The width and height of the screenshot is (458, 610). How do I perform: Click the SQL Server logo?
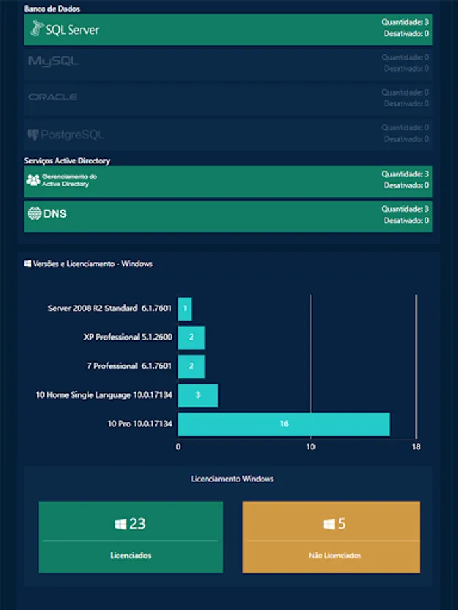tap(64, 29)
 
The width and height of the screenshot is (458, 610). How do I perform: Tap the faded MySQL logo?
tap(54, 62)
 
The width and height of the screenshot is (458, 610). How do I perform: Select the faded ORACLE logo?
tap(53, 98)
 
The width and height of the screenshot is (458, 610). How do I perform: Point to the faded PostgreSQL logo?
tap(66, 135)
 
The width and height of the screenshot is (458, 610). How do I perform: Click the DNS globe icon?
tap(34, 213)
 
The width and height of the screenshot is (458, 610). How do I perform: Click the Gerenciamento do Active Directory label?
tap(69, 180)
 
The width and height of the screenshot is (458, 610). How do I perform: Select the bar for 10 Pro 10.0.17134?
tap(284, 424)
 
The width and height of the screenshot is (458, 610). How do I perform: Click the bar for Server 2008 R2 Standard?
tap(185, 308)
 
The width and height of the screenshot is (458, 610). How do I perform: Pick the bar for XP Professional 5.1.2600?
tap(191, 337)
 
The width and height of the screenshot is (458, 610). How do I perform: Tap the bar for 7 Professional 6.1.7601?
tap(191, 366)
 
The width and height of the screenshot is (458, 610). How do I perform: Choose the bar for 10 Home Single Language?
tap(198, 395)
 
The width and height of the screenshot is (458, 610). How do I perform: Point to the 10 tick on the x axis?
tap(311, 447)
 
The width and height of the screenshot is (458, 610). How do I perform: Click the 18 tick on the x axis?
tap(416, 447)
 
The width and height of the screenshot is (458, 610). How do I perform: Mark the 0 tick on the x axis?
tap(178, 447)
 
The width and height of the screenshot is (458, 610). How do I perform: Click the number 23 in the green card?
tap(137, 524)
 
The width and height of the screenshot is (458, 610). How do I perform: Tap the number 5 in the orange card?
tap(341, 524)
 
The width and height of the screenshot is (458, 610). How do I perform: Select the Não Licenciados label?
tap(332, 556)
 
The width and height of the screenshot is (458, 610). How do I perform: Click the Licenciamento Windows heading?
tap(233, 479)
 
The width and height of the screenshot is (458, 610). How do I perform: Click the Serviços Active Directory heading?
tap(67, 161)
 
